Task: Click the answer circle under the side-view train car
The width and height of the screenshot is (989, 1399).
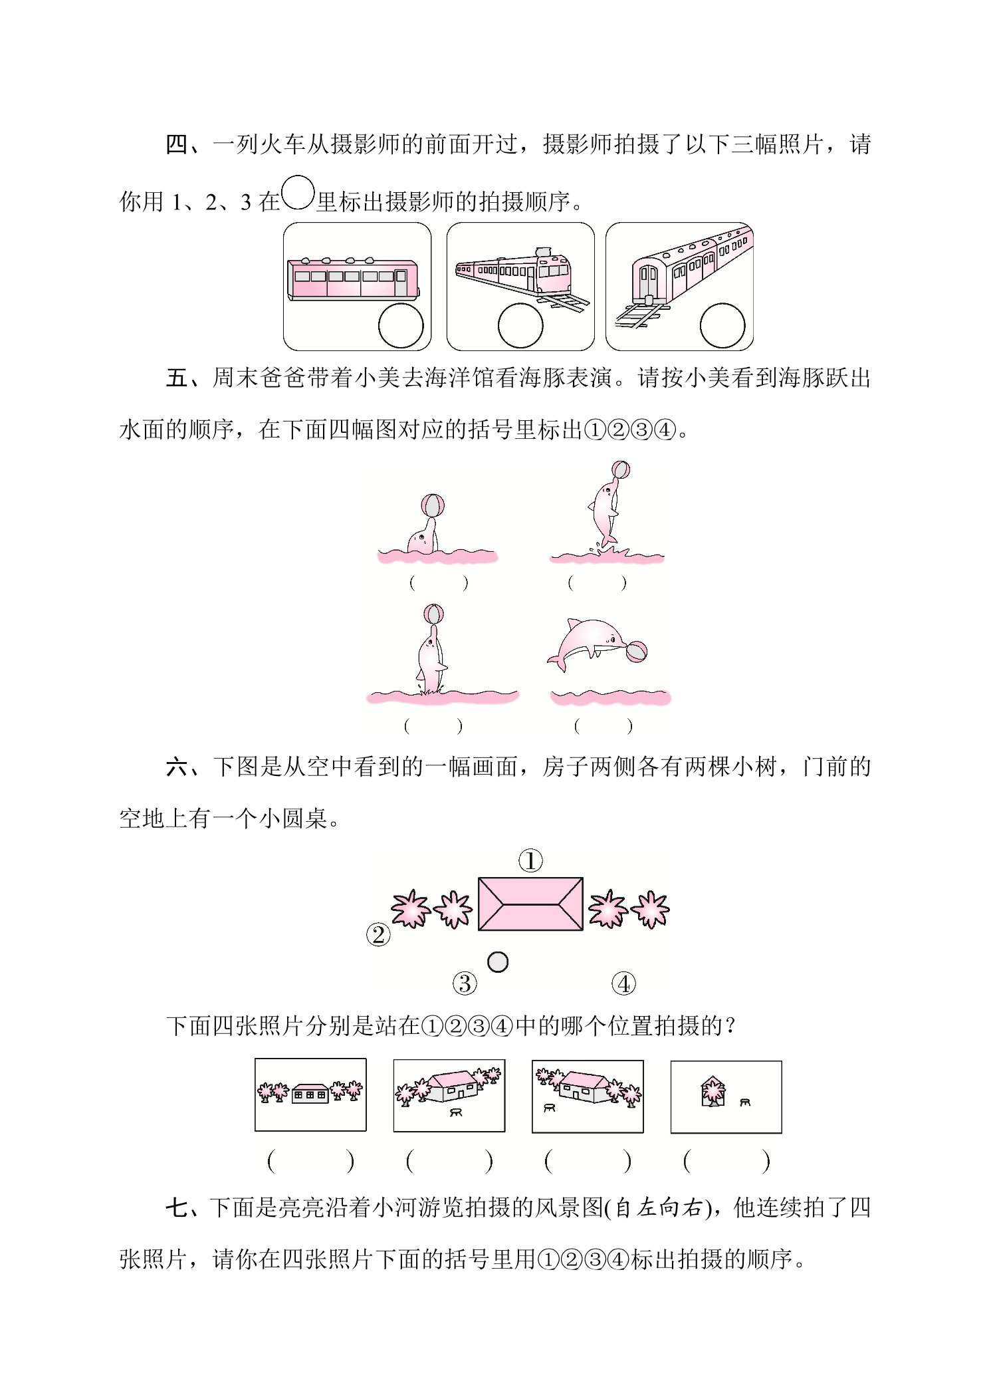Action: click(x=401, y=326)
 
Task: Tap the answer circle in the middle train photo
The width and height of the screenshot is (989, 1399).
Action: click(x=520, y=326)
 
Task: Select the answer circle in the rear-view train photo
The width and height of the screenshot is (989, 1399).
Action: click(x=722, y=326)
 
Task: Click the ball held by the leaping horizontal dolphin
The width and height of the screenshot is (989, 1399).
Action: click(x=636, y=652)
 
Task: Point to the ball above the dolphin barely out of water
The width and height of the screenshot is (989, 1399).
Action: click(x=432, y=505)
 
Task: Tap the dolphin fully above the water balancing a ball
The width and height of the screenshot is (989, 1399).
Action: click(x=605, y=513)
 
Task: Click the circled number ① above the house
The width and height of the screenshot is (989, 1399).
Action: click(x=530, y=861)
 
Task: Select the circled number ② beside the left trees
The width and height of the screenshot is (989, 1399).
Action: click(x=378, y=935)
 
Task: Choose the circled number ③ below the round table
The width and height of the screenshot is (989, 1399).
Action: click(x=465, y=983)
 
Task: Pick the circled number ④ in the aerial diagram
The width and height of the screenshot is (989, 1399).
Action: click(x=623, y=983)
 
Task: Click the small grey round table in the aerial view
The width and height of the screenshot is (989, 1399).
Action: click(x=498, y=961)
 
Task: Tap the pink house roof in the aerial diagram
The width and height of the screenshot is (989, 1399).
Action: click(x=530, y=904)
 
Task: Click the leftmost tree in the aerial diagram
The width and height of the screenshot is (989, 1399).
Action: click(x=410, y=908)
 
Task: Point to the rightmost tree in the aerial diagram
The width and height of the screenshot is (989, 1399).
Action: click(x=650, y=910)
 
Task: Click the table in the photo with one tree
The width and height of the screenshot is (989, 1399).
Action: click(x=745, y=1102)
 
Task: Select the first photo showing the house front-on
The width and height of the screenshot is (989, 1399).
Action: click(x=310, y=1094)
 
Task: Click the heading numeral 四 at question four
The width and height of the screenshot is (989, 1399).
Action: click(x=177, y=144)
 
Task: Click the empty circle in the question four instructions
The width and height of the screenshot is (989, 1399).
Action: click(x=297, y=193)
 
